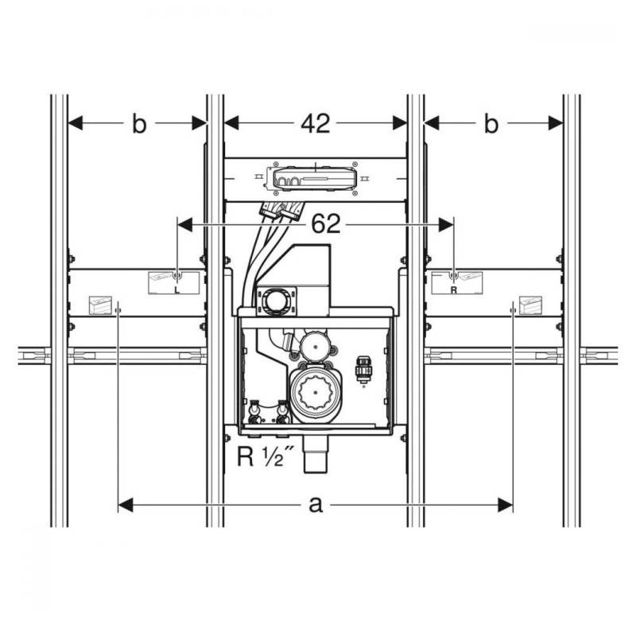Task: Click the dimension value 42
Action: [x=316, y=123]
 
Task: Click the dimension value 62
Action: [x=326, y=224]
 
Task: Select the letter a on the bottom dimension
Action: [x=316, y=506]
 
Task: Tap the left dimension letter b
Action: [x=139, y=123]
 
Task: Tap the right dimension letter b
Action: [x=491, y=123]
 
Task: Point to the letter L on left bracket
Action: [x=176, y=289]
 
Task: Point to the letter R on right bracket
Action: [x=453, y=290]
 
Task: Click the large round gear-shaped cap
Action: [x=316, y=392]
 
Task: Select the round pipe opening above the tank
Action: [x=276, y=301]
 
